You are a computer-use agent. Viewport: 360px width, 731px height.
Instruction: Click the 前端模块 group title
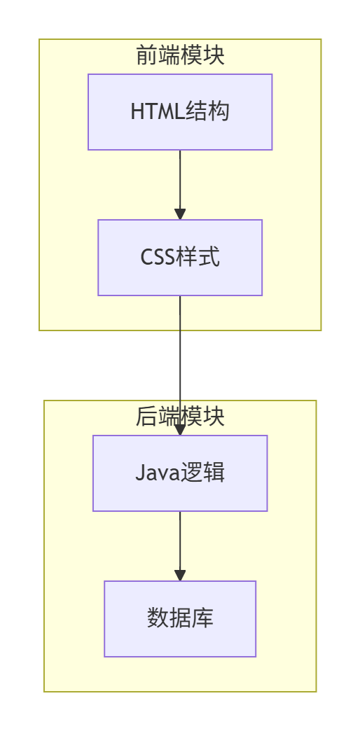[x=180, y=55]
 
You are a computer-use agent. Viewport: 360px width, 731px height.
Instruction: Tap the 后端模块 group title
[x=180, y=417]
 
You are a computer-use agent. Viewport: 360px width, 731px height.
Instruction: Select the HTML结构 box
[x=180, y=112]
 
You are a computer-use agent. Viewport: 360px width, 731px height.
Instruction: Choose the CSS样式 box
[x=180, y=258]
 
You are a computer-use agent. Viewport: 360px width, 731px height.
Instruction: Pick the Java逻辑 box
[x=180, y=473]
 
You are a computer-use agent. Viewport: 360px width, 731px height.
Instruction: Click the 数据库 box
[x=180, y=619]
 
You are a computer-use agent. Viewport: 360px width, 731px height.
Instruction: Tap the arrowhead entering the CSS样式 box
[x=180, y=214]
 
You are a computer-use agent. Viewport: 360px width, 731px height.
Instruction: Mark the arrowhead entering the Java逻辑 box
[x=180, y=430]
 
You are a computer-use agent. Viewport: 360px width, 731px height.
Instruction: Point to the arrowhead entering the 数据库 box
[x=180, y=576]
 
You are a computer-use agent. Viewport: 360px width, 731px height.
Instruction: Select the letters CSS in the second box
[x=158, y=258]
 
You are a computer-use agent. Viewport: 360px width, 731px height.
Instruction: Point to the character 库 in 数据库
[x=202, y=619]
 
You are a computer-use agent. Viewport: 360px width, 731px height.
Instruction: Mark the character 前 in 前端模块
[x=146, y=55]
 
